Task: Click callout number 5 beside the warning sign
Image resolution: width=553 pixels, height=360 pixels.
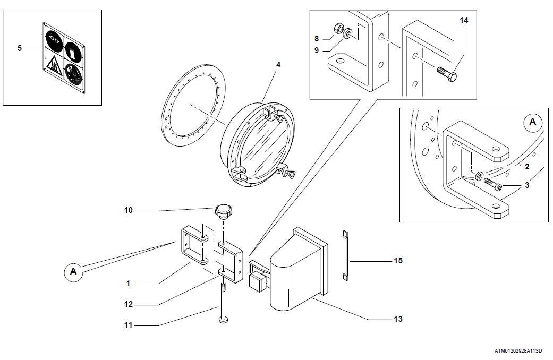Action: pyautogui.click(x=20, y=48)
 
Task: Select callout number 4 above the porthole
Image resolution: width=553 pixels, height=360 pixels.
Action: pyautogui.click(x=278, y=65)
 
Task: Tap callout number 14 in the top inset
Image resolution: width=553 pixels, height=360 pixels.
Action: pyautogui.click(x=464, y=20)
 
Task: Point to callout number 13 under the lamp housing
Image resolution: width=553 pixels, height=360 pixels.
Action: pyautogui.click(x=398, y=319)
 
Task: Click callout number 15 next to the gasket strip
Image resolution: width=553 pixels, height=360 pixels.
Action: pyautogui.click(x=398, y=261)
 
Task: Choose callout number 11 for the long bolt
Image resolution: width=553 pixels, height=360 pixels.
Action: pyautogui.click(x=127, y=325)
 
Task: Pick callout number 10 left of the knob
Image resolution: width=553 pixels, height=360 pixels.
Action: pyautogui.click(x=128, y=210)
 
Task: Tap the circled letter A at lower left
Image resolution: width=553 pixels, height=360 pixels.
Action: pyautogui.click(x=73, y=272)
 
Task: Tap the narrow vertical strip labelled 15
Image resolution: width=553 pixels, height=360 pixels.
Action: pyautogui.click(x=344, y=256)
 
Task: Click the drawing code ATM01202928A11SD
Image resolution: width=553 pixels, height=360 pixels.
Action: pyautogui.click(x=518, y=351)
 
